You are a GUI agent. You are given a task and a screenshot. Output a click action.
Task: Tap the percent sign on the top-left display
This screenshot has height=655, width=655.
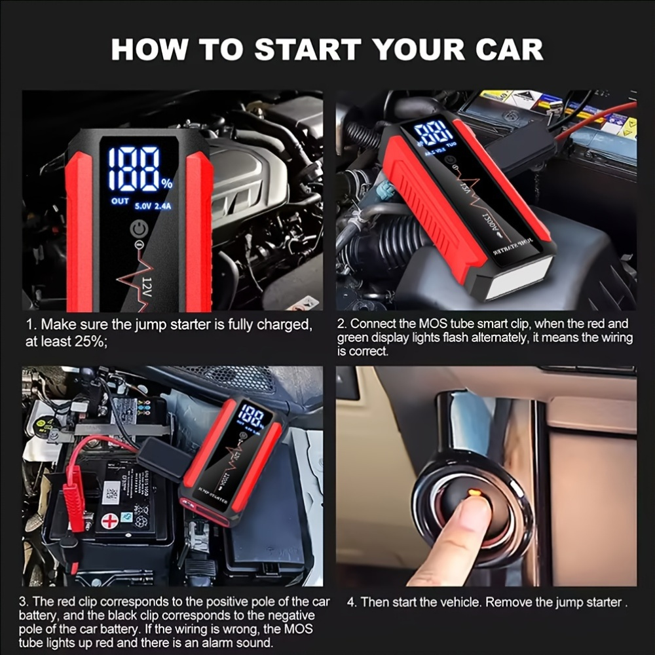point(167,181)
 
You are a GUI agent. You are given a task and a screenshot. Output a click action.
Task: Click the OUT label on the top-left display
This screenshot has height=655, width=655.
point(120,201)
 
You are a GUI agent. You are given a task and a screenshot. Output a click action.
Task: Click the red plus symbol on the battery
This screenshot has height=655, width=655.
point(109,522)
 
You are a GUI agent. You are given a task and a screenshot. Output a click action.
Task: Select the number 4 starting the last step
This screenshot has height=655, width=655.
point(351,602)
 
